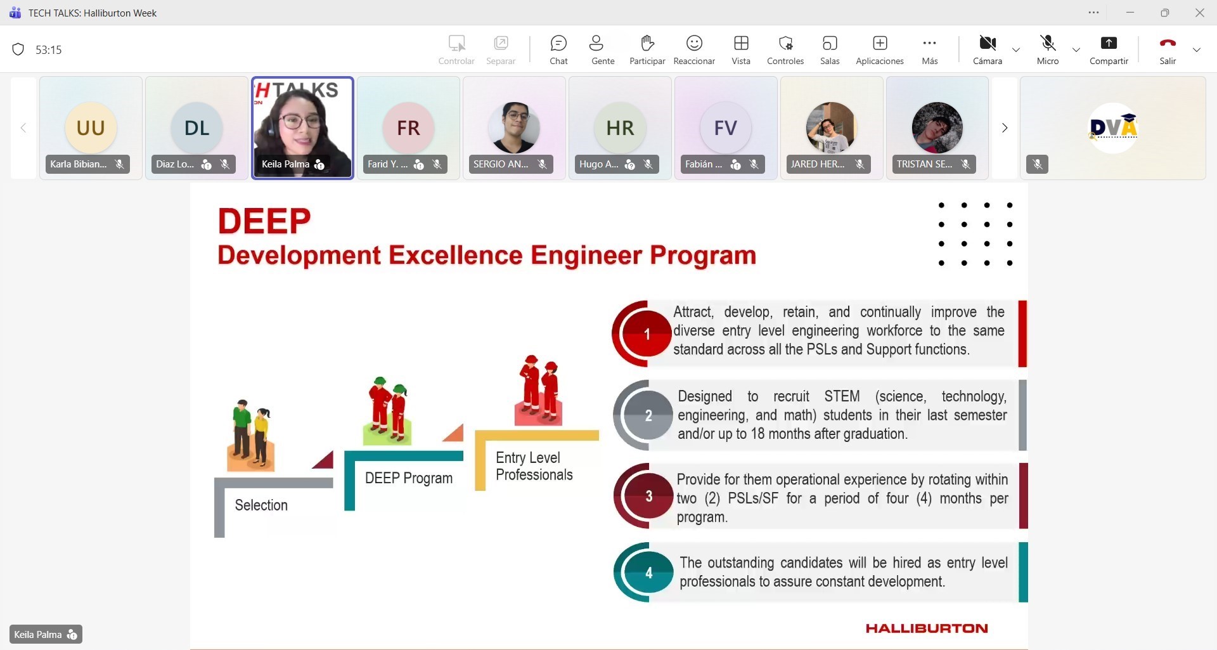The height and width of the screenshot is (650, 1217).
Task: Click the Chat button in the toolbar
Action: pyautogui.click(x=558, y=50)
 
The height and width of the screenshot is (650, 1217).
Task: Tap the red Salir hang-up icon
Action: pyautogui.click(x=1168, y=43)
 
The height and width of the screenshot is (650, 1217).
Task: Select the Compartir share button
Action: pyautogui.click(x=1109, y=50)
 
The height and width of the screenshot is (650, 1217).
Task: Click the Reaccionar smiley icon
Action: pyautogui.click(x=694, y=43)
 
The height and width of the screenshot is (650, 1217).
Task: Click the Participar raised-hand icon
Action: pyautogui.click(x=647, y=43)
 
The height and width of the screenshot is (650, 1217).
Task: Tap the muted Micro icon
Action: pyautogui.click(x=1048, y=43)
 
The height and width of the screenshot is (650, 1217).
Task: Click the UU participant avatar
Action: pyautogui.click(x=91, y=127)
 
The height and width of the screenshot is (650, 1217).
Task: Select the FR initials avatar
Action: pyautogui.click(x=408, y=127)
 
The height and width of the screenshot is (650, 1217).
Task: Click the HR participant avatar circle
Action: pyautogui.click(x=620, y=127)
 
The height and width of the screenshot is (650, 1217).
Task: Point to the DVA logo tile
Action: pyautogui.click(x=1113, y=128)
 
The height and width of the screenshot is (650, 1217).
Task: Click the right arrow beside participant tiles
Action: pyautogui.click(x=1005, y=128)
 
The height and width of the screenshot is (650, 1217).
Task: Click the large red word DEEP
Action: pyautogui.click(x=264, y=221)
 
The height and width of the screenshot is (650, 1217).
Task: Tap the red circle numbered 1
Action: pyautogui.click(x=647, y=334)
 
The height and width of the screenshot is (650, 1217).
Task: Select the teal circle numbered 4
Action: pyautogui.click(x=648, y=573)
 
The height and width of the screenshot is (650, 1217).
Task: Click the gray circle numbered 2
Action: pyautogui.click(x=648, y=415)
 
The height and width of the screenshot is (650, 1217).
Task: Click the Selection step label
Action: pyautogui.click(x=261, y=505)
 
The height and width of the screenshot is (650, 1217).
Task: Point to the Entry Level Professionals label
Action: pyautogui.click(x=534, y=466)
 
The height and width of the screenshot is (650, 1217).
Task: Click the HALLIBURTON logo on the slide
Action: pyautogui.click(x=927, y=628)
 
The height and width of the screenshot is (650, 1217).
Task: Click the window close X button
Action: pyautogui.click(x=1199, y=13)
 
